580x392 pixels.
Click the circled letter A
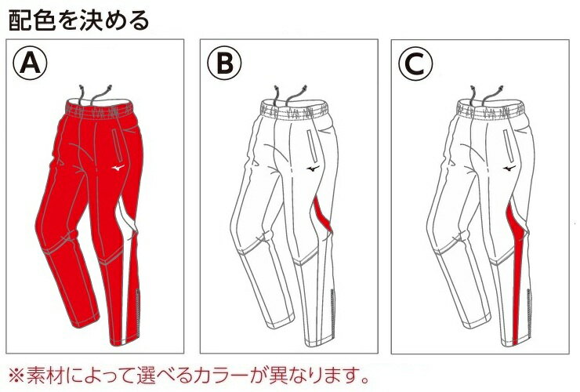(31, 63)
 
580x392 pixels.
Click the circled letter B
(224, 63)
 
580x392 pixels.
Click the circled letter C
(415, 64)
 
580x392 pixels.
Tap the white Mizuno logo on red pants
(118, 169)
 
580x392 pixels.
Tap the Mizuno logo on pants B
(313, 169)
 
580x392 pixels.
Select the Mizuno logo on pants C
(509, 169)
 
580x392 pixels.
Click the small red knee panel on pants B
(323, 216)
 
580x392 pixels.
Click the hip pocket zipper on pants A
(118, 145)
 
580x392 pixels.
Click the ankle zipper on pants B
(332, 314)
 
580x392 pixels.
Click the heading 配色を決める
(78, 20)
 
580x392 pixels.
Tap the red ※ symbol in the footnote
(16, 376)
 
